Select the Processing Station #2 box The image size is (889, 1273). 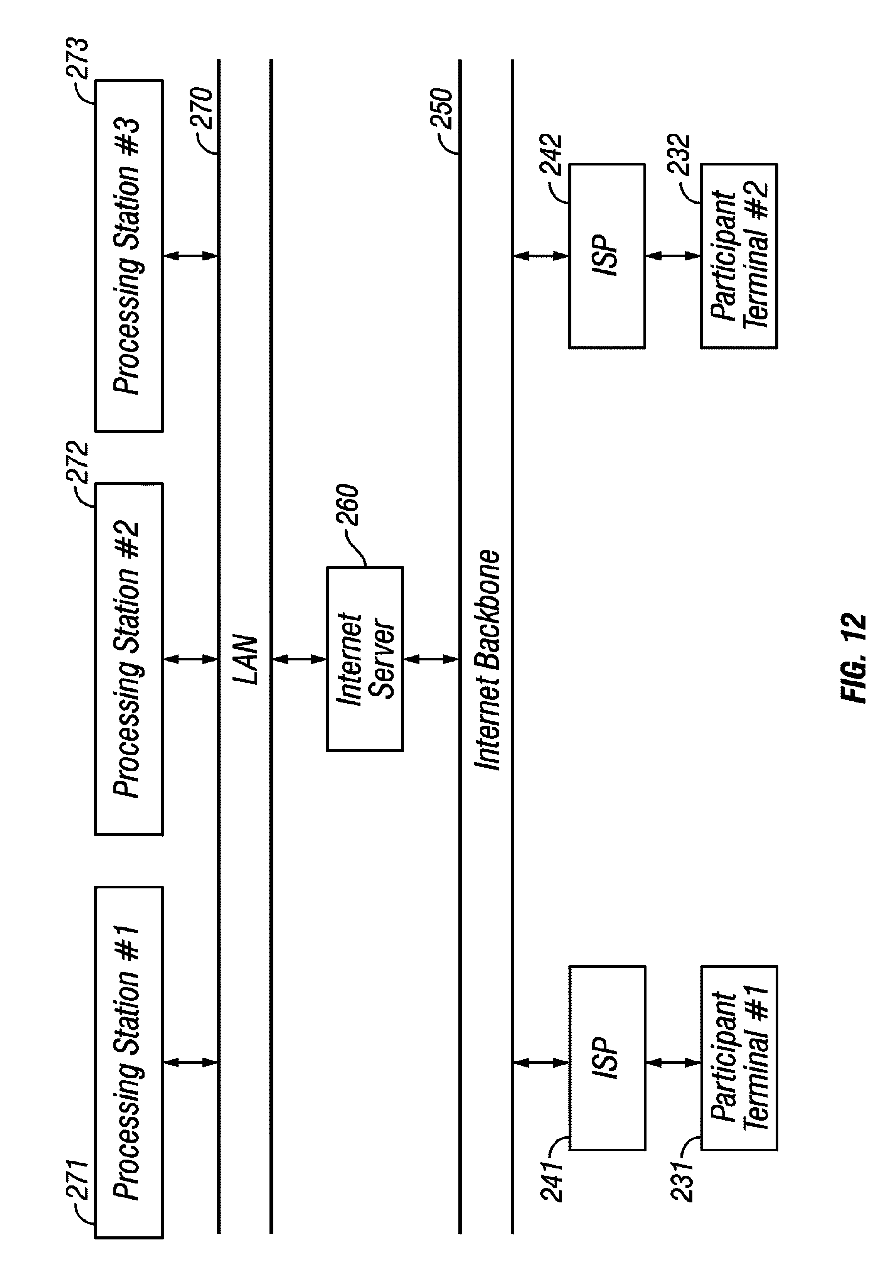coord(129,658)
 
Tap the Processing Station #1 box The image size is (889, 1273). coord(129,1062)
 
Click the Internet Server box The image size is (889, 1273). coord(365,658)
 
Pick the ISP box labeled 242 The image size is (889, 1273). coord(607,256)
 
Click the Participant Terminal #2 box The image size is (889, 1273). coord(739,256)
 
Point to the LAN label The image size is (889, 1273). coord(246,659)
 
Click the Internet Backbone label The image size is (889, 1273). coord(488,660)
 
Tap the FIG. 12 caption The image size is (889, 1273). coord(854,658)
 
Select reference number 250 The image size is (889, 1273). coord(442,109)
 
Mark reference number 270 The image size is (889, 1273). coord(202,109)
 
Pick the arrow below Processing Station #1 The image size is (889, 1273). coord(191,1062)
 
